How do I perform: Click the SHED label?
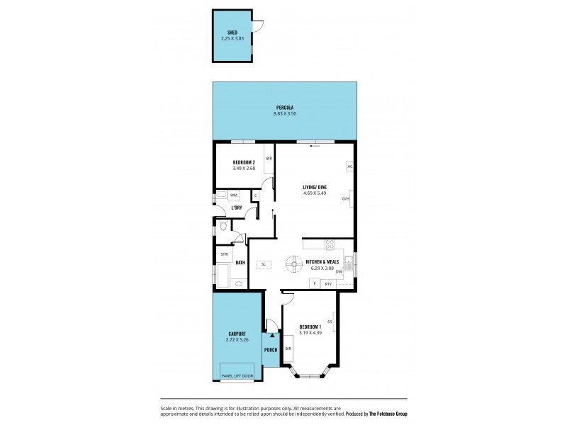[232, 33]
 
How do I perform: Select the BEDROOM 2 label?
[243, 163]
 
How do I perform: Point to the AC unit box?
[349, 166]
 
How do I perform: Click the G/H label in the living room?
[346, 198]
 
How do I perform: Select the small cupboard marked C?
[256, 195]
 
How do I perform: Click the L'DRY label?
[237, 208]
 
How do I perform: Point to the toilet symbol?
[223, 226]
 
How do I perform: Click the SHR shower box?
[224, 254]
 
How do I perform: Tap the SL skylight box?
[263, 264]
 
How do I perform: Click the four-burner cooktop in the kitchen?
[330, 245]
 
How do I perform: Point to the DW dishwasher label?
[339, 271]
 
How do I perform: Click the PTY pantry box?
[327, 283]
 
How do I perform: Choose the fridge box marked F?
[313, 283]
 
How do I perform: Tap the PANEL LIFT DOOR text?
[237, 375]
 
